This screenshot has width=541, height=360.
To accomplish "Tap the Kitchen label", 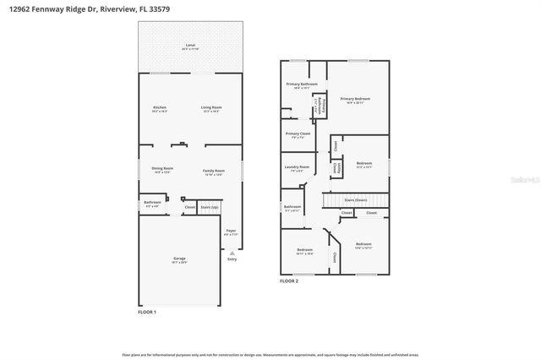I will tap(159, 107).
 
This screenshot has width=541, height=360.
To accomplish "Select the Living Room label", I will tap(211, 107).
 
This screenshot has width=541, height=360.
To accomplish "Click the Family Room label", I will tap(213, 170).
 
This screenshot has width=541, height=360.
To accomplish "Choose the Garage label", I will tap(180, 259).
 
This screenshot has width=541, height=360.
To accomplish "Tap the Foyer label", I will tap(231, 231).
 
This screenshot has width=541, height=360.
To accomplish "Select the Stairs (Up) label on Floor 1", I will tap(209, 206).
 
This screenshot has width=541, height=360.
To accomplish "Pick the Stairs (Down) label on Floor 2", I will tap(355, 200).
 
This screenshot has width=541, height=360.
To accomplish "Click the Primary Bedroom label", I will tap(356, 99).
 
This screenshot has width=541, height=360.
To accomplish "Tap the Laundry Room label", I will tap(297, 167).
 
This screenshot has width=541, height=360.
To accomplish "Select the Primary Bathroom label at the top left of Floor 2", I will tap(301, 84).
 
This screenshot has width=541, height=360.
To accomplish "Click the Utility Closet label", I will tap(337, 168).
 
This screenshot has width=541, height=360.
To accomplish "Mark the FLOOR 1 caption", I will tap(148, 313).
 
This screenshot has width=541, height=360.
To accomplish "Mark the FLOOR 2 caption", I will tap(290, 281).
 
